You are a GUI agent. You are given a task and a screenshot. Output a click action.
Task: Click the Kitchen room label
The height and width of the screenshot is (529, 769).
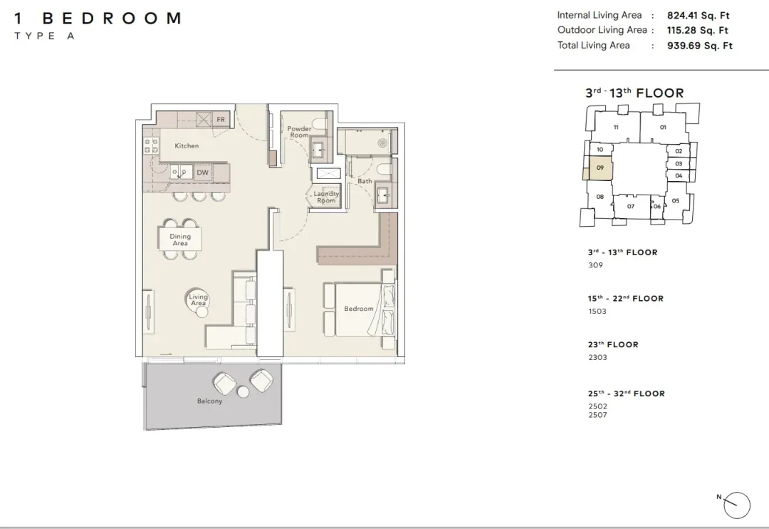[187, 146]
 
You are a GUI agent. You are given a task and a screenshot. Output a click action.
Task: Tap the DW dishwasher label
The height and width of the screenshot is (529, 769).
[202, 173]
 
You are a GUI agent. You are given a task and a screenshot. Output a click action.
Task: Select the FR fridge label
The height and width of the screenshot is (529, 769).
[221, 119]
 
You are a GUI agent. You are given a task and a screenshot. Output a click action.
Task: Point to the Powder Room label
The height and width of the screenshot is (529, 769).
[299, 132]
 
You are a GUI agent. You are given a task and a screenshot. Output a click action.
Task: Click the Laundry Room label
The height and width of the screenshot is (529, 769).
[326, 197]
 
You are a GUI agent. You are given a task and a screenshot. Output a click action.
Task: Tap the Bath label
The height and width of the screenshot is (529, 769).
[365, 181]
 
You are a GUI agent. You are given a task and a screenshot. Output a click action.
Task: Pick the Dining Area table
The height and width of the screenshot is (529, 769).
[180, 240]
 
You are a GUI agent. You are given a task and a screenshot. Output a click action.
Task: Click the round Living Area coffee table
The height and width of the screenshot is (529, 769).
[198, 299]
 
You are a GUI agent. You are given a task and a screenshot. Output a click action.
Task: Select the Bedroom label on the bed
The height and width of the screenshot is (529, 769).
[358, 309]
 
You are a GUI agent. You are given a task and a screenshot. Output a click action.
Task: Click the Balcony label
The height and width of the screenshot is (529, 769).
[209, 401]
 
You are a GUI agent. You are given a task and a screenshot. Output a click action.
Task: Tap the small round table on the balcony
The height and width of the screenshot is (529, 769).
[244, 391]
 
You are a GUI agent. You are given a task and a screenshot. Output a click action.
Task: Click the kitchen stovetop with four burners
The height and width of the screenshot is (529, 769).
[150, 145]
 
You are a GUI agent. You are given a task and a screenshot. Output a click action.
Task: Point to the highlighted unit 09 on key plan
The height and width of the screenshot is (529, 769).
[600, 168]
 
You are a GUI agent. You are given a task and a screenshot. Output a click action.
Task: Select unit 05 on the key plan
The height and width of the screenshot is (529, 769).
[675, 200]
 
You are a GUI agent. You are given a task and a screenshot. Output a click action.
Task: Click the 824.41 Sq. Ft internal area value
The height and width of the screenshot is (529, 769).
[698, 15]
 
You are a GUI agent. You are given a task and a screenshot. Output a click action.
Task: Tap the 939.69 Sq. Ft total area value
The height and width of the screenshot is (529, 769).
[699, 46]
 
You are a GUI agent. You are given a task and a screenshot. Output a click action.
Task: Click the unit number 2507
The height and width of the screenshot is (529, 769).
[598, 415]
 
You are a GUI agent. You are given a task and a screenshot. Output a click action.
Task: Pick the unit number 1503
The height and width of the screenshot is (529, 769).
[597, 312]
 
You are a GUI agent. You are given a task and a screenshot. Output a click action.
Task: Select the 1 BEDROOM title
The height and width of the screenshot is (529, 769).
[98, 19]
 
